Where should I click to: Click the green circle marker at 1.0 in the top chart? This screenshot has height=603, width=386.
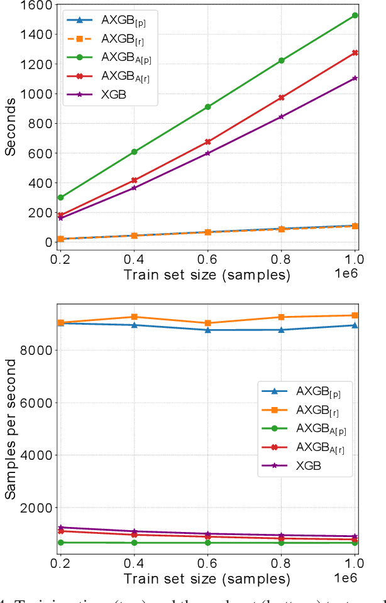coord(355,15)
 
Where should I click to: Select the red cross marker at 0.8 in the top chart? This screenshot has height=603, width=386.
coord(282,97)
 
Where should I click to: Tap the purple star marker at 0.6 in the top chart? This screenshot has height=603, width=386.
coord(207,153)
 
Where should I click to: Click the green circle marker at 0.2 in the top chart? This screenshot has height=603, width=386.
coord(60,197)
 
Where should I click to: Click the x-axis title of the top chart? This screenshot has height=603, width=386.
coord(207,274)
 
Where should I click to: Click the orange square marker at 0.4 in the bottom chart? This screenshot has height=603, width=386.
coord(135,317)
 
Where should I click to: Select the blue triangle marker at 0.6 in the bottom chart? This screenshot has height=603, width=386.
coord(207,330)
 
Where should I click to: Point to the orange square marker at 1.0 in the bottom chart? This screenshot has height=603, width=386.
coord(355,315)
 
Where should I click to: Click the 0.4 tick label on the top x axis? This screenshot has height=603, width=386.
coord(134,259)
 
